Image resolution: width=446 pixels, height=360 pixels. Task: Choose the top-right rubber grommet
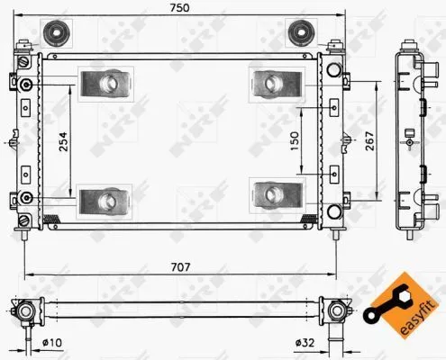(298, 33)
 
